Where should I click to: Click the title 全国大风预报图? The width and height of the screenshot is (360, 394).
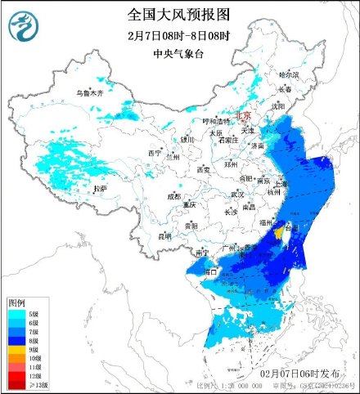coord(180,15)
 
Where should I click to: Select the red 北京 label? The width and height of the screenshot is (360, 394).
coord(244,116)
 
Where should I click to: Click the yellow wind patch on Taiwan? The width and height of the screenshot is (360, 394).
coord(281,235)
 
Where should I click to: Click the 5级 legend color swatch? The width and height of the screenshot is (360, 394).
coord(15,312)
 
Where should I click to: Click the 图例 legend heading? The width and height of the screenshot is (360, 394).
coord(17,302)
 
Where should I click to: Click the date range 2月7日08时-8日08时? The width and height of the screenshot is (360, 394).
coord(179,36)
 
